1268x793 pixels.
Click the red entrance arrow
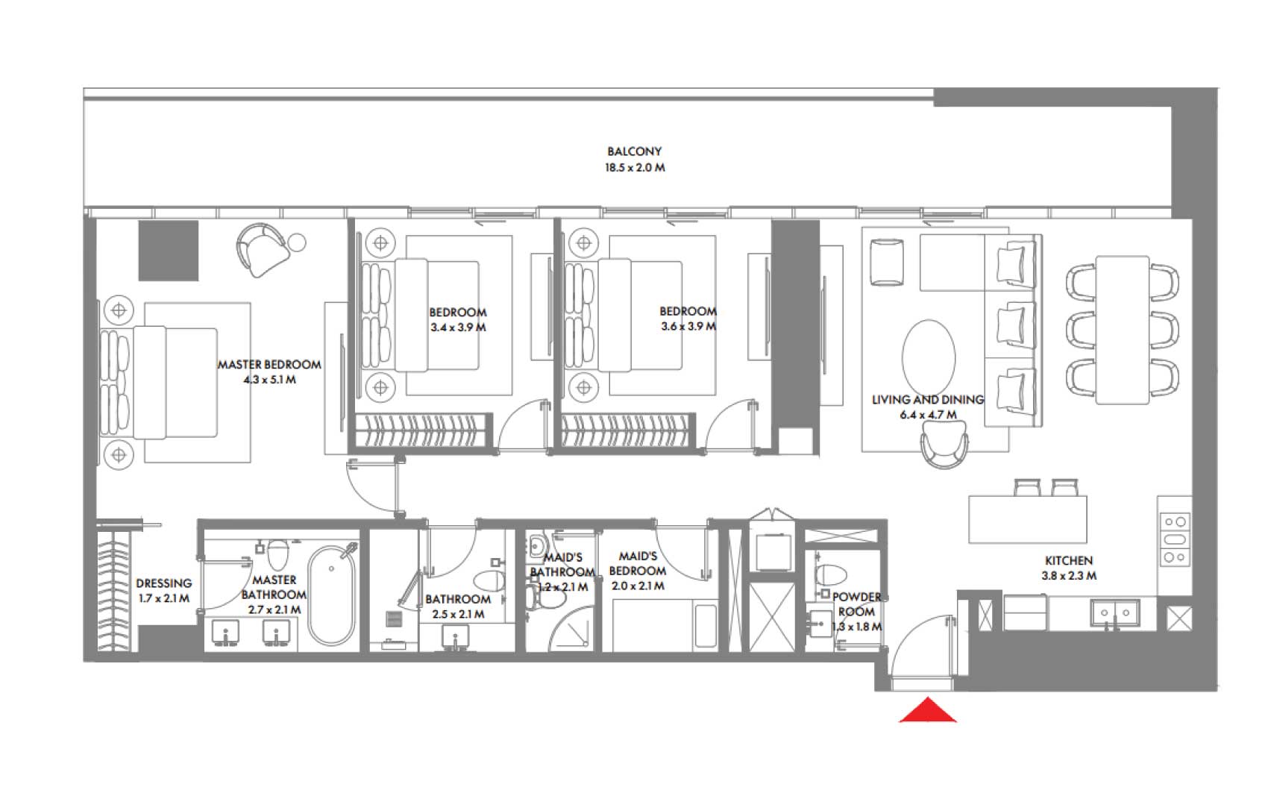(x=927, y=712)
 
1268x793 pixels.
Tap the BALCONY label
(x=634, y=151)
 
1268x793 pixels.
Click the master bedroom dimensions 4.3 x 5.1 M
(x=269, y=380)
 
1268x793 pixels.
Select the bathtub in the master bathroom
(x=331, y=595)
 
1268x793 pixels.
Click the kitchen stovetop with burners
(x=1175, y=539)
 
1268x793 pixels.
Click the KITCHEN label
(x=1068, y=560)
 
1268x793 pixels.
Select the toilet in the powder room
(x=831, y=575)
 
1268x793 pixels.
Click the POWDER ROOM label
(x=856, y=604)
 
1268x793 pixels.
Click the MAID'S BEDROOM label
(x=638, y=563)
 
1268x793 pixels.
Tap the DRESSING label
(x=163, y=583)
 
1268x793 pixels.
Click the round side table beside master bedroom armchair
(x=297, y=242)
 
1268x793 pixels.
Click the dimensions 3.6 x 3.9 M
(x=688, y=327)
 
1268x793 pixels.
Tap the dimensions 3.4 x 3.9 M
(x=457, y=327)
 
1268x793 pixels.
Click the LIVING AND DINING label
(x=927, y=400)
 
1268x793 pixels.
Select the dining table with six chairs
(x=1123, y=328)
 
